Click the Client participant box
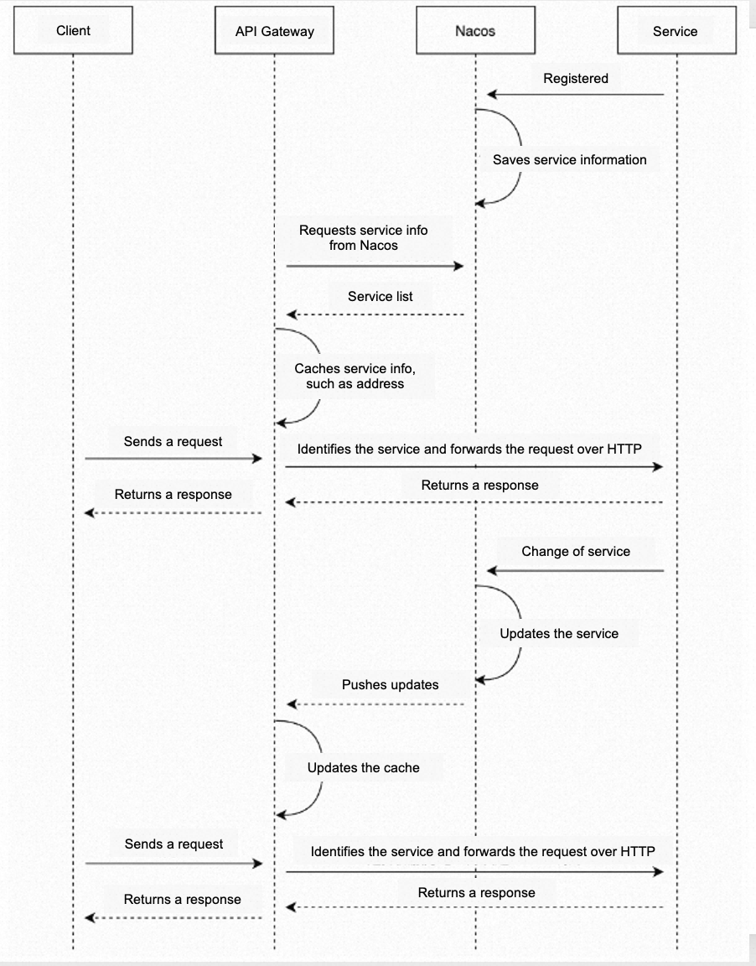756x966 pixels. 73,30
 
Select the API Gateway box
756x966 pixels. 275,30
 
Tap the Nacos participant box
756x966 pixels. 475,30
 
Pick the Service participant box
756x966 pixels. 676,30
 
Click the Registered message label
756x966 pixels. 576,78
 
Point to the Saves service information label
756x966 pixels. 569,159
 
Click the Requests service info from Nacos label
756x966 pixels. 363,238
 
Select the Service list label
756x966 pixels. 380,296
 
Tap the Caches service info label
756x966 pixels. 355,376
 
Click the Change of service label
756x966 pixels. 576,552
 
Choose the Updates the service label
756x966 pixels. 559,633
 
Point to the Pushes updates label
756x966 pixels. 391,684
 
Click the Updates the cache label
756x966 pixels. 363,767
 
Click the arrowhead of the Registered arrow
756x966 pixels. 491,94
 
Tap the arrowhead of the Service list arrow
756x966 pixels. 292,314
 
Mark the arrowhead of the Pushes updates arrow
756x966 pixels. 292,704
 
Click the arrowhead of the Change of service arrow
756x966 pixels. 491,570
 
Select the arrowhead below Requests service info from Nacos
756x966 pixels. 458,266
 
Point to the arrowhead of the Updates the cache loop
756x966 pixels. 281,815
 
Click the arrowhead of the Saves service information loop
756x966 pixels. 481,203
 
